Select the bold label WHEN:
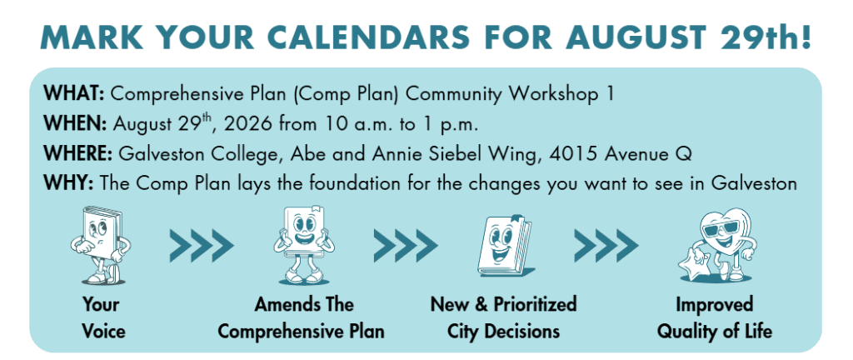(x=75, y=124)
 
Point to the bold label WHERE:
(x=77, y=154)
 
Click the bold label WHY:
(x=69, y=183)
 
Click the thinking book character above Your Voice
(x=101, y=245)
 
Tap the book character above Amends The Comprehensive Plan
(x=304, y=246)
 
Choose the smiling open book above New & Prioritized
(x=504, y=246)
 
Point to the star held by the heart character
(x=692, y=265)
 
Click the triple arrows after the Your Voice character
(x=202, y=246)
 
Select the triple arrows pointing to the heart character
(x=606, y=246)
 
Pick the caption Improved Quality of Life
(x=714, y=318)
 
